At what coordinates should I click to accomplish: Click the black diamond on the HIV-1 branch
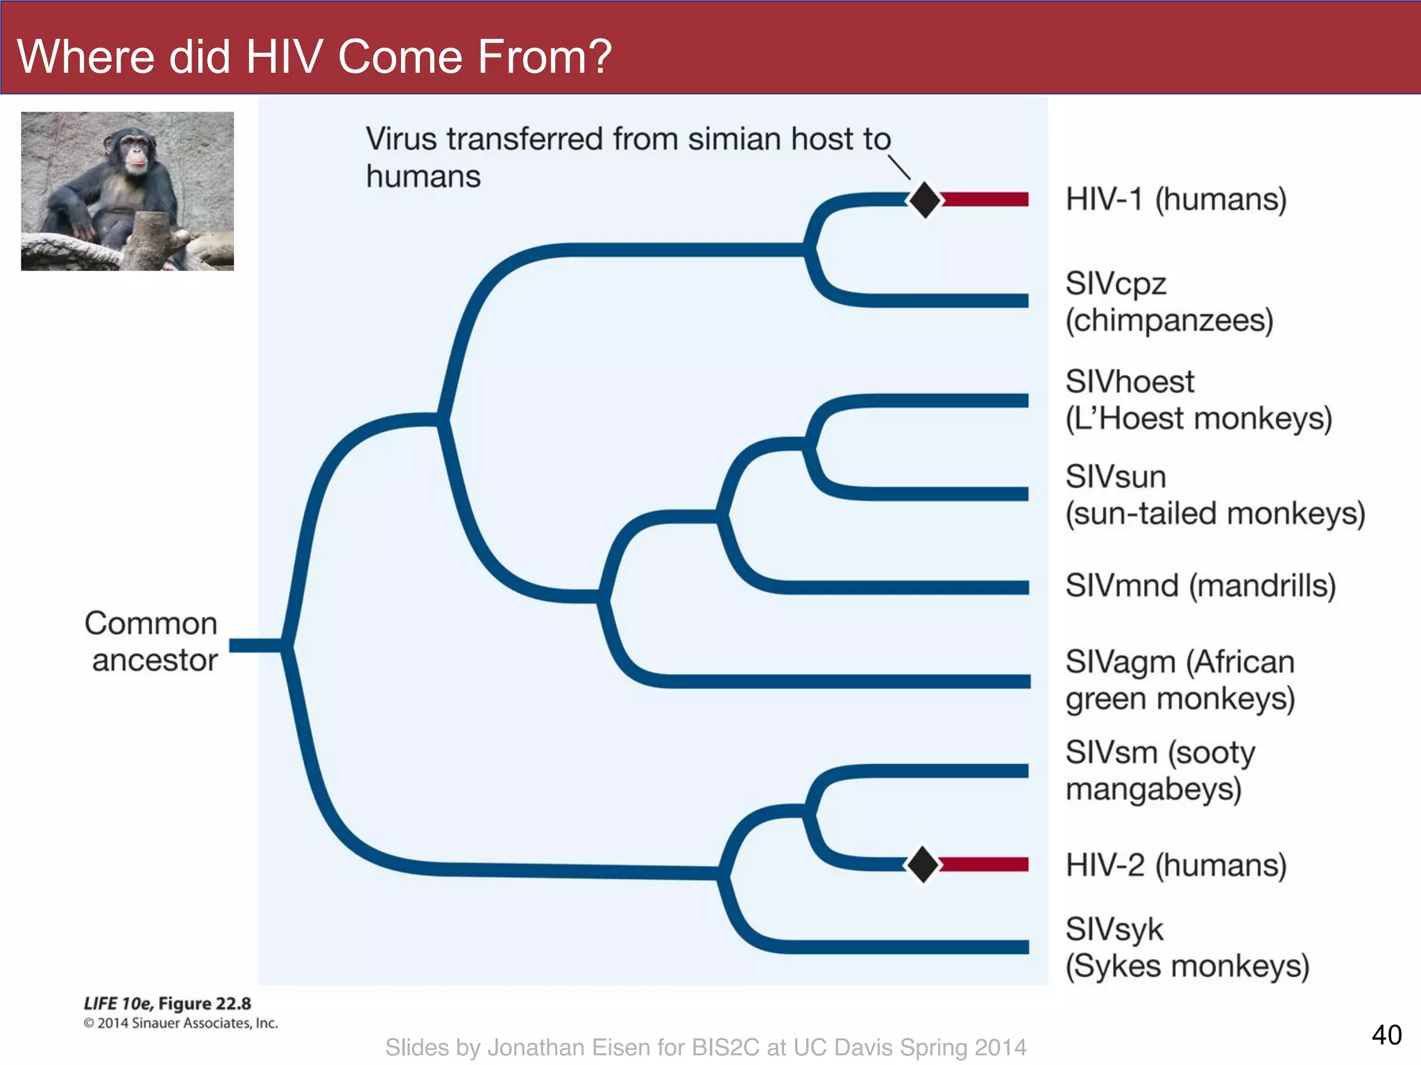click(924, 200)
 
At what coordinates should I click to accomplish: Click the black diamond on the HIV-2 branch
click(923, 864)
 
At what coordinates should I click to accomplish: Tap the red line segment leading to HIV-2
click(984, 864)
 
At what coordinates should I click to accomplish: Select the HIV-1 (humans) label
click(1176, 200)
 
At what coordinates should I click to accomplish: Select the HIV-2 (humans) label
click(1176, 865)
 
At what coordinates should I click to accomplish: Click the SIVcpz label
click(1116, 284)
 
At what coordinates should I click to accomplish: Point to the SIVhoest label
click(1130, 382)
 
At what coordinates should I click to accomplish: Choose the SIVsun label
click(1116, 477)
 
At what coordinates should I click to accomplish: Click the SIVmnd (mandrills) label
click(1200, 586)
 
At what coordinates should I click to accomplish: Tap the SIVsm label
click(1112, 753)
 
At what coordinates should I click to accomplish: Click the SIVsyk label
click(1114, 930)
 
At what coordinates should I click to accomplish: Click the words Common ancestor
click(152, 641)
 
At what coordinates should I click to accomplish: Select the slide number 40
click(1386, 1035)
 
